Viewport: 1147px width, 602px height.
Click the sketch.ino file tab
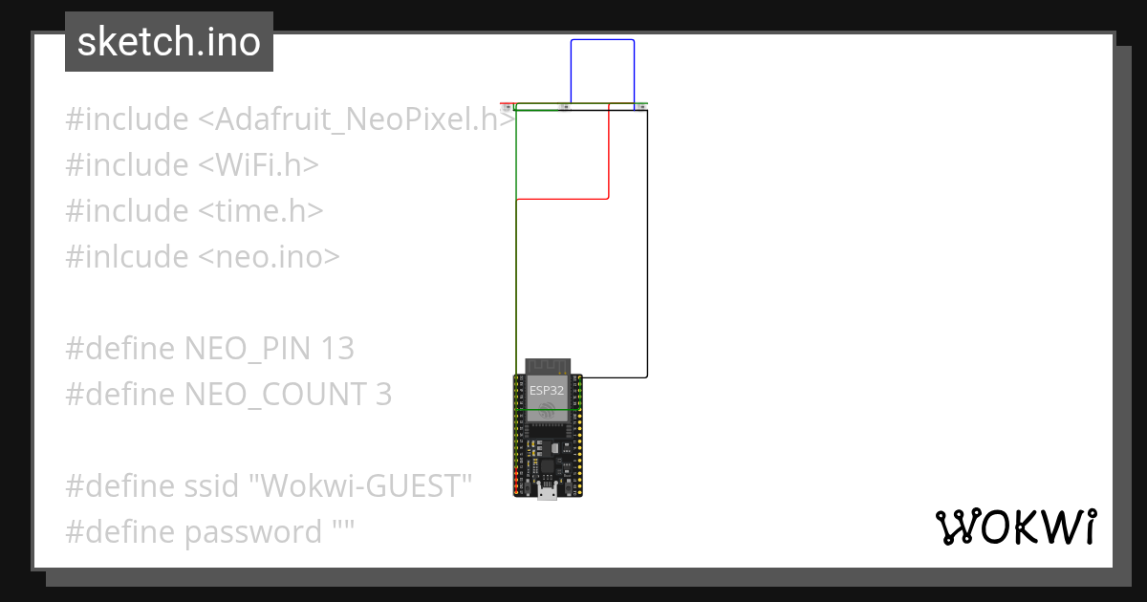point(169,42)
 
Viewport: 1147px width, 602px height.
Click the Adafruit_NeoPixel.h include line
point(290,119)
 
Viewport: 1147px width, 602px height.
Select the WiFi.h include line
point(192,165)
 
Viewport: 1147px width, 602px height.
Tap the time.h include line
point(194,211)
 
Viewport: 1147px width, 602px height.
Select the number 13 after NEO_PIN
point(338,349)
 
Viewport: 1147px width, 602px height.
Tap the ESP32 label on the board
point(548,390)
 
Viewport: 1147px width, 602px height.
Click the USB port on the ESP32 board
point(548,493)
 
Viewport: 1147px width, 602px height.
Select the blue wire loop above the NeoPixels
point(602,40)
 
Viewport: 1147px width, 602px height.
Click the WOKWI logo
point(1015,527)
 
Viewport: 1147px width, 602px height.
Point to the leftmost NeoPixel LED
point(509,106)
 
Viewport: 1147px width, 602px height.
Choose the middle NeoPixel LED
point(565,106)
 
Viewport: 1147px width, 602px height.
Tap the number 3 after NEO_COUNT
point(383,395)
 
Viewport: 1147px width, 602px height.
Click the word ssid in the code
point(213,486)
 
